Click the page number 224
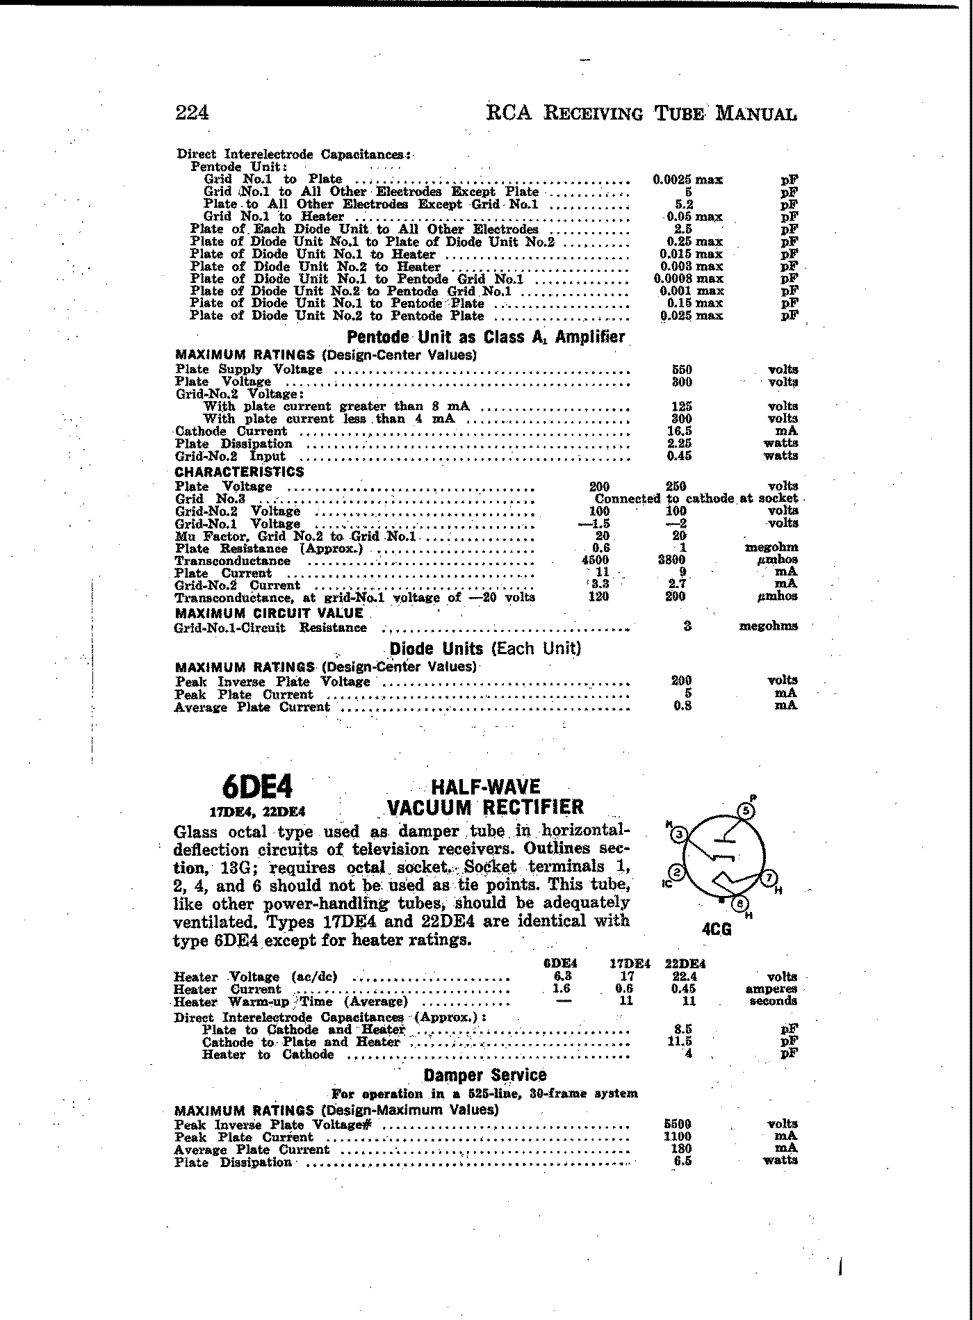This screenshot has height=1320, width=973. (193, 113)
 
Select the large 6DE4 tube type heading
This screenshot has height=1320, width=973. (258, 787)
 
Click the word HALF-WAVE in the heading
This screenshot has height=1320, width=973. (486, 787)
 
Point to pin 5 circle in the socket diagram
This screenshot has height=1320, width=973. (746, 810)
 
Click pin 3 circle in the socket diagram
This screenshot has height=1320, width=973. (679, 834)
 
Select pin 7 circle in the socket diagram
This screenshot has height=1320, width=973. (769, 878)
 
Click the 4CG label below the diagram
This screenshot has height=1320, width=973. (717, 929)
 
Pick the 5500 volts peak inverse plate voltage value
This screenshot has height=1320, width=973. (678, 1123)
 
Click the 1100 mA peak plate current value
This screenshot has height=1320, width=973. (678, 1136)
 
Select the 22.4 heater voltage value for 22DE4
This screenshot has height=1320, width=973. (685, 977)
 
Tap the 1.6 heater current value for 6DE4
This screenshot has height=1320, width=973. (562, 988)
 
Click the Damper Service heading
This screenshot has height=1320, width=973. (485, 1075)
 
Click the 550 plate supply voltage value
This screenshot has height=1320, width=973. (682, 369)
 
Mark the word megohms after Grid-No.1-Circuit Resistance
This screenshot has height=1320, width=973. (768, 626)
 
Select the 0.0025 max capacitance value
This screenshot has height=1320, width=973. (687, 179)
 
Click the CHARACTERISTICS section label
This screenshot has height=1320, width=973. (240, 472)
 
